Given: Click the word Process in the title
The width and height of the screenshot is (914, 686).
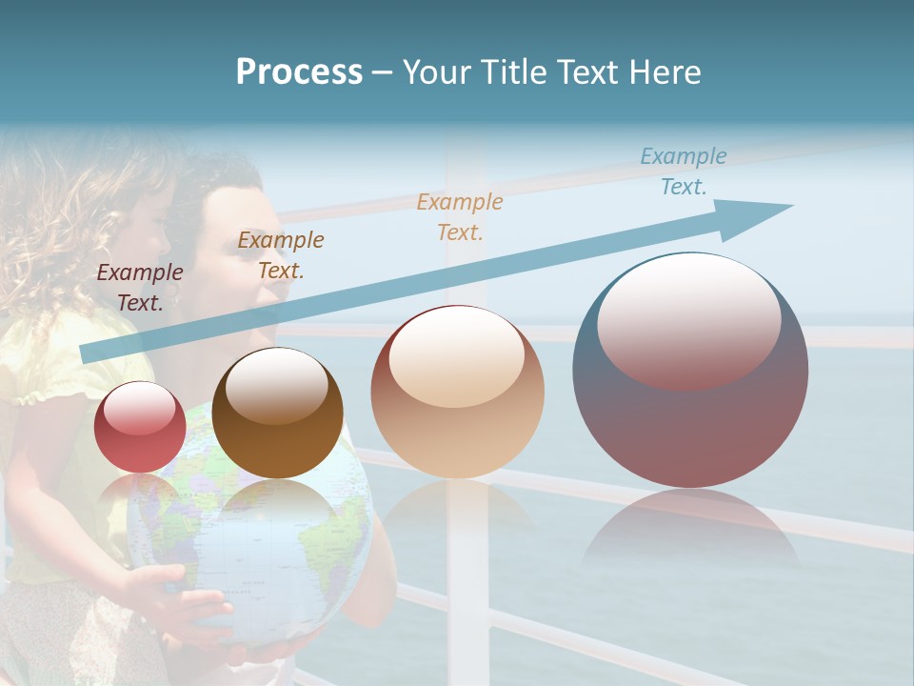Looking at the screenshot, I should [299, 72].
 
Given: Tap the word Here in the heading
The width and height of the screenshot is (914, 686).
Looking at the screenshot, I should [666, 72].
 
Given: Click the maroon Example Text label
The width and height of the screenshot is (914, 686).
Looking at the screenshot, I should [140, 287].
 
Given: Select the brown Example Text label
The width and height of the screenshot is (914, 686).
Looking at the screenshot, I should [281, 255].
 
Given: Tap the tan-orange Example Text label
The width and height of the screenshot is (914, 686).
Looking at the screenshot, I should [460, 216].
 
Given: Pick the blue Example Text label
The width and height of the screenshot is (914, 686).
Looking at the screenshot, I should [684, 171].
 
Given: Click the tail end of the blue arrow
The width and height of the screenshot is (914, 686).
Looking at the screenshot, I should [90, 353].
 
